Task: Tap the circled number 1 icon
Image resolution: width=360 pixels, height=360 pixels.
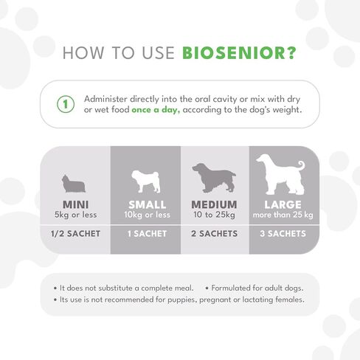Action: click(x=66, y=104)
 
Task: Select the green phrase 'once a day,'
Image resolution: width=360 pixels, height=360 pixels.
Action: click(x=156, y=110)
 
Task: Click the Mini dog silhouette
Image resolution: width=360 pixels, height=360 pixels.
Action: click(x=73, y=184)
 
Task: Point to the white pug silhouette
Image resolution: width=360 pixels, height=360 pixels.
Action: click(x=146, y=181)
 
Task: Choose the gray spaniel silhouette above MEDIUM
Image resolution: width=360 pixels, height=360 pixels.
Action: click(x=214, y=178)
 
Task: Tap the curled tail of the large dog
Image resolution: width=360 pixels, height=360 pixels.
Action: click(x=300, y=166)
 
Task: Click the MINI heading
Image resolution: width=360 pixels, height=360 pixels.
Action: click(x=76, y=204)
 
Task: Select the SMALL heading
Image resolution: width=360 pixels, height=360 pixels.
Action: click(x=147, y=204)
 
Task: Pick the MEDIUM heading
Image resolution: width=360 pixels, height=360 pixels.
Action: click(x=214, y=204)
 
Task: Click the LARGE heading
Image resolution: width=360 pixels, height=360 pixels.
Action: click(x=283, y=204)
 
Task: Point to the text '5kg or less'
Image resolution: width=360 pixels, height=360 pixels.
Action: click(x=76, y=215)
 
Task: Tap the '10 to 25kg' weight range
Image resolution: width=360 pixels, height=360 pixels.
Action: click(x=214, y=215)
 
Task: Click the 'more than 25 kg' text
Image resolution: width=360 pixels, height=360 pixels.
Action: click(x=283, y=215)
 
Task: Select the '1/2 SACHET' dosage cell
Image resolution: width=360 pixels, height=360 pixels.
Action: click(x=76, y=234)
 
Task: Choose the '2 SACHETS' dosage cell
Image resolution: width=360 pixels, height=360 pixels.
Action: click(x=214, y=234)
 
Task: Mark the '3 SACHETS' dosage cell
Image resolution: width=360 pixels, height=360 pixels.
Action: click(x=283, y=234)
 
